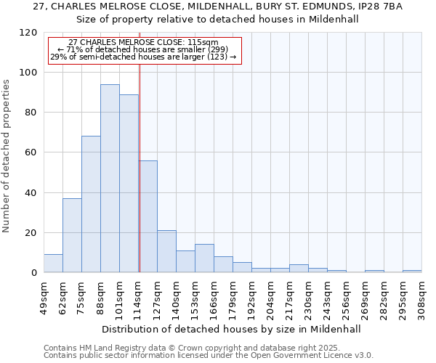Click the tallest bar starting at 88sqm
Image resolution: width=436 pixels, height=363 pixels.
[110, 179]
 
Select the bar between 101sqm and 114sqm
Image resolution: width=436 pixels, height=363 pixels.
[129, 184]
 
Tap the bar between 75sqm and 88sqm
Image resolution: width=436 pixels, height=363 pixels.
[91, 204]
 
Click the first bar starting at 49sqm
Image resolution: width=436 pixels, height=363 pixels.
[53, 264]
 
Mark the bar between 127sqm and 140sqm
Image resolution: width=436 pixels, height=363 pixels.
[166, 251]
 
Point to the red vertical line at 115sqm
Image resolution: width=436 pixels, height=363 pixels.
[140, 167]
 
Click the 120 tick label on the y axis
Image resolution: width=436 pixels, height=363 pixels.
[28, 33]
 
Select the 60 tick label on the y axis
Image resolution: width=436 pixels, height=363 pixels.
[31, 152]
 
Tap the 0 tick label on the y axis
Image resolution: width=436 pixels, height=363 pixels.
[34, 273]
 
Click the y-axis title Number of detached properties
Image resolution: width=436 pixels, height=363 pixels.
[7, 156]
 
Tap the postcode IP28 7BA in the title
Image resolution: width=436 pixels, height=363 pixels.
[381, 7]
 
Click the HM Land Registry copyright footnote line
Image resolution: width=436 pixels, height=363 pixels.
[208, 348]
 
